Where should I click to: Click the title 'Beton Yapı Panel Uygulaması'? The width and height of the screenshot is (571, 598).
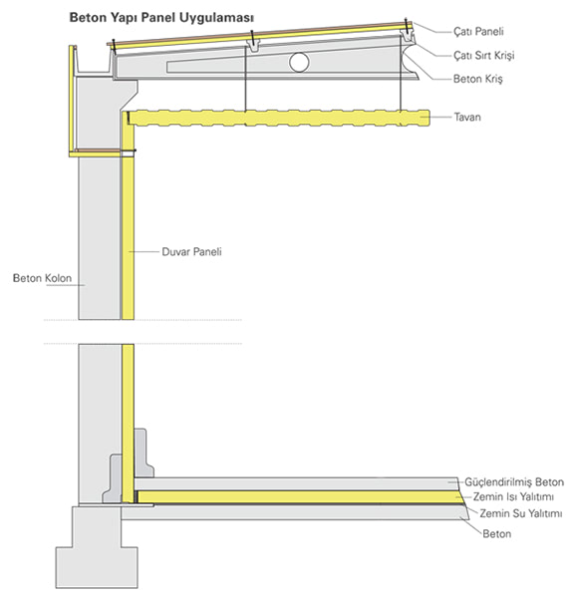click(x=161, y=18)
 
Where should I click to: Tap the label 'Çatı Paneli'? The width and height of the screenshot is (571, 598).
click(x=478, y=31)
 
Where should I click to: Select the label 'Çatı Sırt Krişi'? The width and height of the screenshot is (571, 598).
click(x=483, y=55)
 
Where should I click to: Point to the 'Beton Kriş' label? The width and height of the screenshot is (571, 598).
click(x=477, y=79)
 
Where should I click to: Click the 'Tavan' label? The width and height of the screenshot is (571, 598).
click(x=467, y=117)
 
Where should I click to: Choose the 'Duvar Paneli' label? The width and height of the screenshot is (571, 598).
click(x=191, y=252)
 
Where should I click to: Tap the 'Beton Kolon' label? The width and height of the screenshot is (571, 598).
click(x=42, y=278)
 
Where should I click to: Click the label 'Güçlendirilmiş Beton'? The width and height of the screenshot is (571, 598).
click(x=514, y=482)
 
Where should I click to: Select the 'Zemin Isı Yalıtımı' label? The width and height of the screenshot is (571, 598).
click(x=513, y=497)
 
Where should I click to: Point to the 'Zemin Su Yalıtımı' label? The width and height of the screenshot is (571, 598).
click(x=520, y=513)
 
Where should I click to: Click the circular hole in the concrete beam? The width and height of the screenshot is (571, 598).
click(x=299, y=62)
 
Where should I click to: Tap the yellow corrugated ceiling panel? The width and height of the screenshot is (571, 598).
click(x=279, y=118)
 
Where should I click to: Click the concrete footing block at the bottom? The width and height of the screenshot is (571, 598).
click(x=97, y=547)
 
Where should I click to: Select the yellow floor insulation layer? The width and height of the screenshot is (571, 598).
click(x=298, y=497)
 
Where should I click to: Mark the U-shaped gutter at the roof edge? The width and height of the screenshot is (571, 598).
click(x=94, y=62)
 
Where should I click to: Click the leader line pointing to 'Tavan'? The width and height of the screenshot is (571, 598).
click(x=440, y=117)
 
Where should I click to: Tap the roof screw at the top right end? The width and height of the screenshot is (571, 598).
click(x=407, y=26)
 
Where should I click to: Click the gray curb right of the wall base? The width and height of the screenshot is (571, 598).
click(x=143, y=453)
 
